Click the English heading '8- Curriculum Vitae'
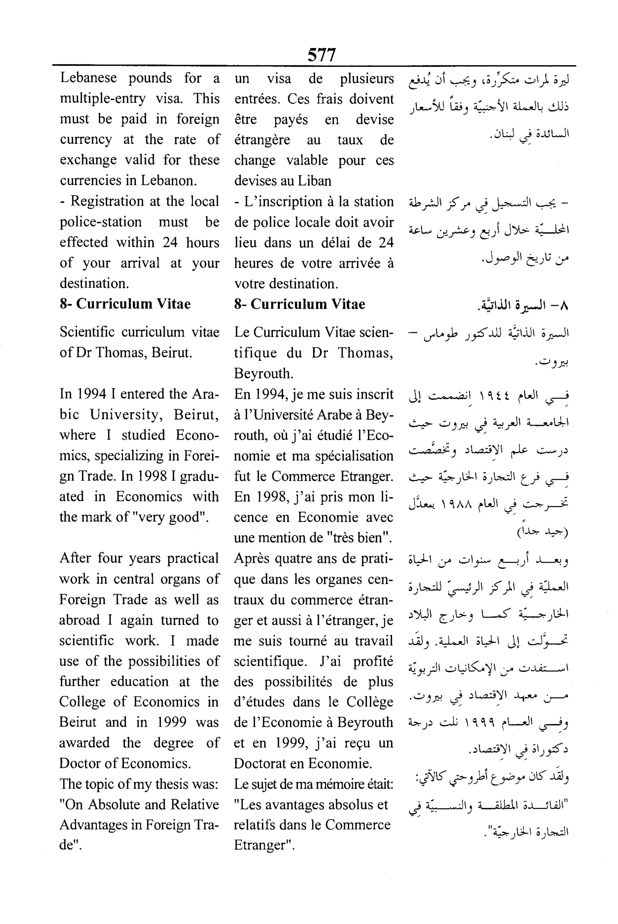125,304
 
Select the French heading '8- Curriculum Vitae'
300,304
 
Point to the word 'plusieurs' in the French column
367,78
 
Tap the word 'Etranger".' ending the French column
264,845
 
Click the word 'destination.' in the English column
94,283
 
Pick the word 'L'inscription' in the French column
280,201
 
